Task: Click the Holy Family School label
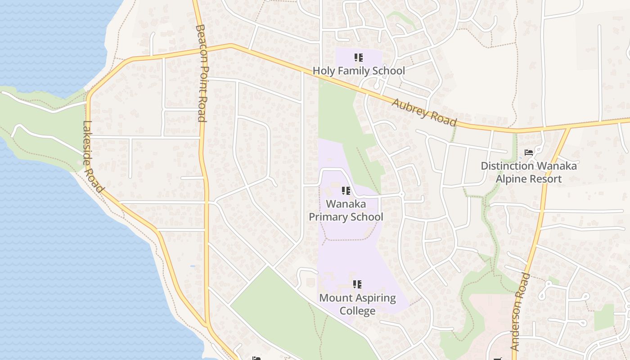coord(359,71)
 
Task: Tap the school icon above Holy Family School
coord(358,58)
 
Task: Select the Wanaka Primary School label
coord(346,210)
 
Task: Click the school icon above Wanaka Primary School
coord(346,191)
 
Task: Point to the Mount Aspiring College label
coord(357,304)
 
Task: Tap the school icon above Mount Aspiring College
coord(357,284)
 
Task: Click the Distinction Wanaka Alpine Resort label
coord(529,172)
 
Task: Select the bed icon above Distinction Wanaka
coord(529,153)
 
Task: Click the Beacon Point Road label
coord(201,73)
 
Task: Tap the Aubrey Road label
coord(424,112)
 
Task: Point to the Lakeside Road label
coord(94,157)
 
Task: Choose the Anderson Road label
coord(521,311)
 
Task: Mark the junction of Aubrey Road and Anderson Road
coord(569,129)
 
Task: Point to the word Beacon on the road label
coord(201,41)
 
